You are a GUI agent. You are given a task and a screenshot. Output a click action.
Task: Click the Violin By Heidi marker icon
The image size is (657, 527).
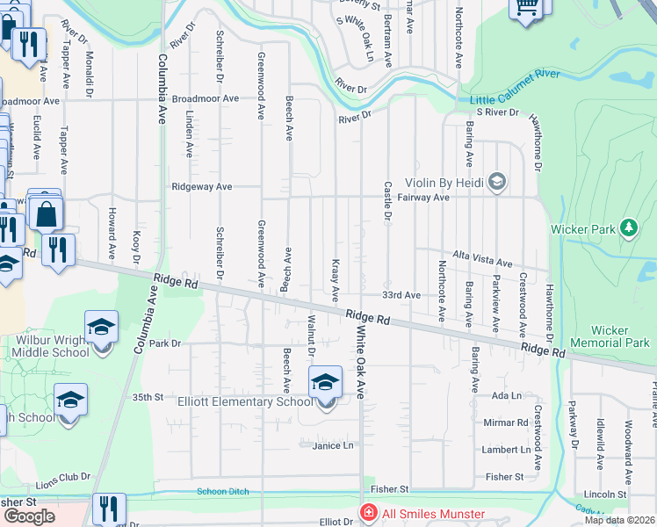click(497, 183)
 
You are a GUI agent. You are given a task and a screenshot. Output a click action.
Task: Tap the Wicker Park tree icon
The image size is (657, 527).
click(628, 228)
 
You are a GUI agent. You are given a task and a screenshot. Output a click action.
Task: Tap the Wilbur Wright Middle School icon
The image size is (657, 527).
click(101, 328)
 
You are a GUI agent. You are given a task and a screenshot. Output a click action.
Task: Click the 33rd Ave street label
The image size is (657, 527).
click(401, 295)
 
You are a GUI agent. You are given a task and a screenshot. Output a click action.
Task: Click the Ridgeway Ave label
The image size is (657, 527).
click(202, 186)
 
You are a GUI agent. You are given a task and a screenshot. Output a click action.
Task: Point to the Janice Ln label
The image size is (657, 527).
click(332, 445)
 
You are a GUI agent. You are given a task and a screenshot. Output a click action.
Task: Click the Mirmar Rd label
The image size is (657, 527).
click(505, 422)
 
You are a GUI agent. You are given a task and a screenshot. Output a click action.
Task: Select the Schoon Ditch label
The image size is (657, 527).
click(222, 491)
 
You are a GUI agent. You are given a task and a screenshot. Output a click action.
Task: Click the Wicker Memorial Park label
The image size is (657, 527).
click(610, 336)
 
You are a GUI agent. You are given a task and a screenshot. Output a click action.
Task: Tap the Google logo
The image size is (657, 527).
click(29, 516)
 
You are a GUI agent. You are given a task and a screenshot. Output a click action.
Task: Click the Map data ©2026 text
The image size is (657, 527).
click(618, 520)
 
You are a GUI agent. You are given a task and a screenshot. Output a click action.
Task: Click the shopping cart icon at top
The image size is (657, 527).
click(526, 7)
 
